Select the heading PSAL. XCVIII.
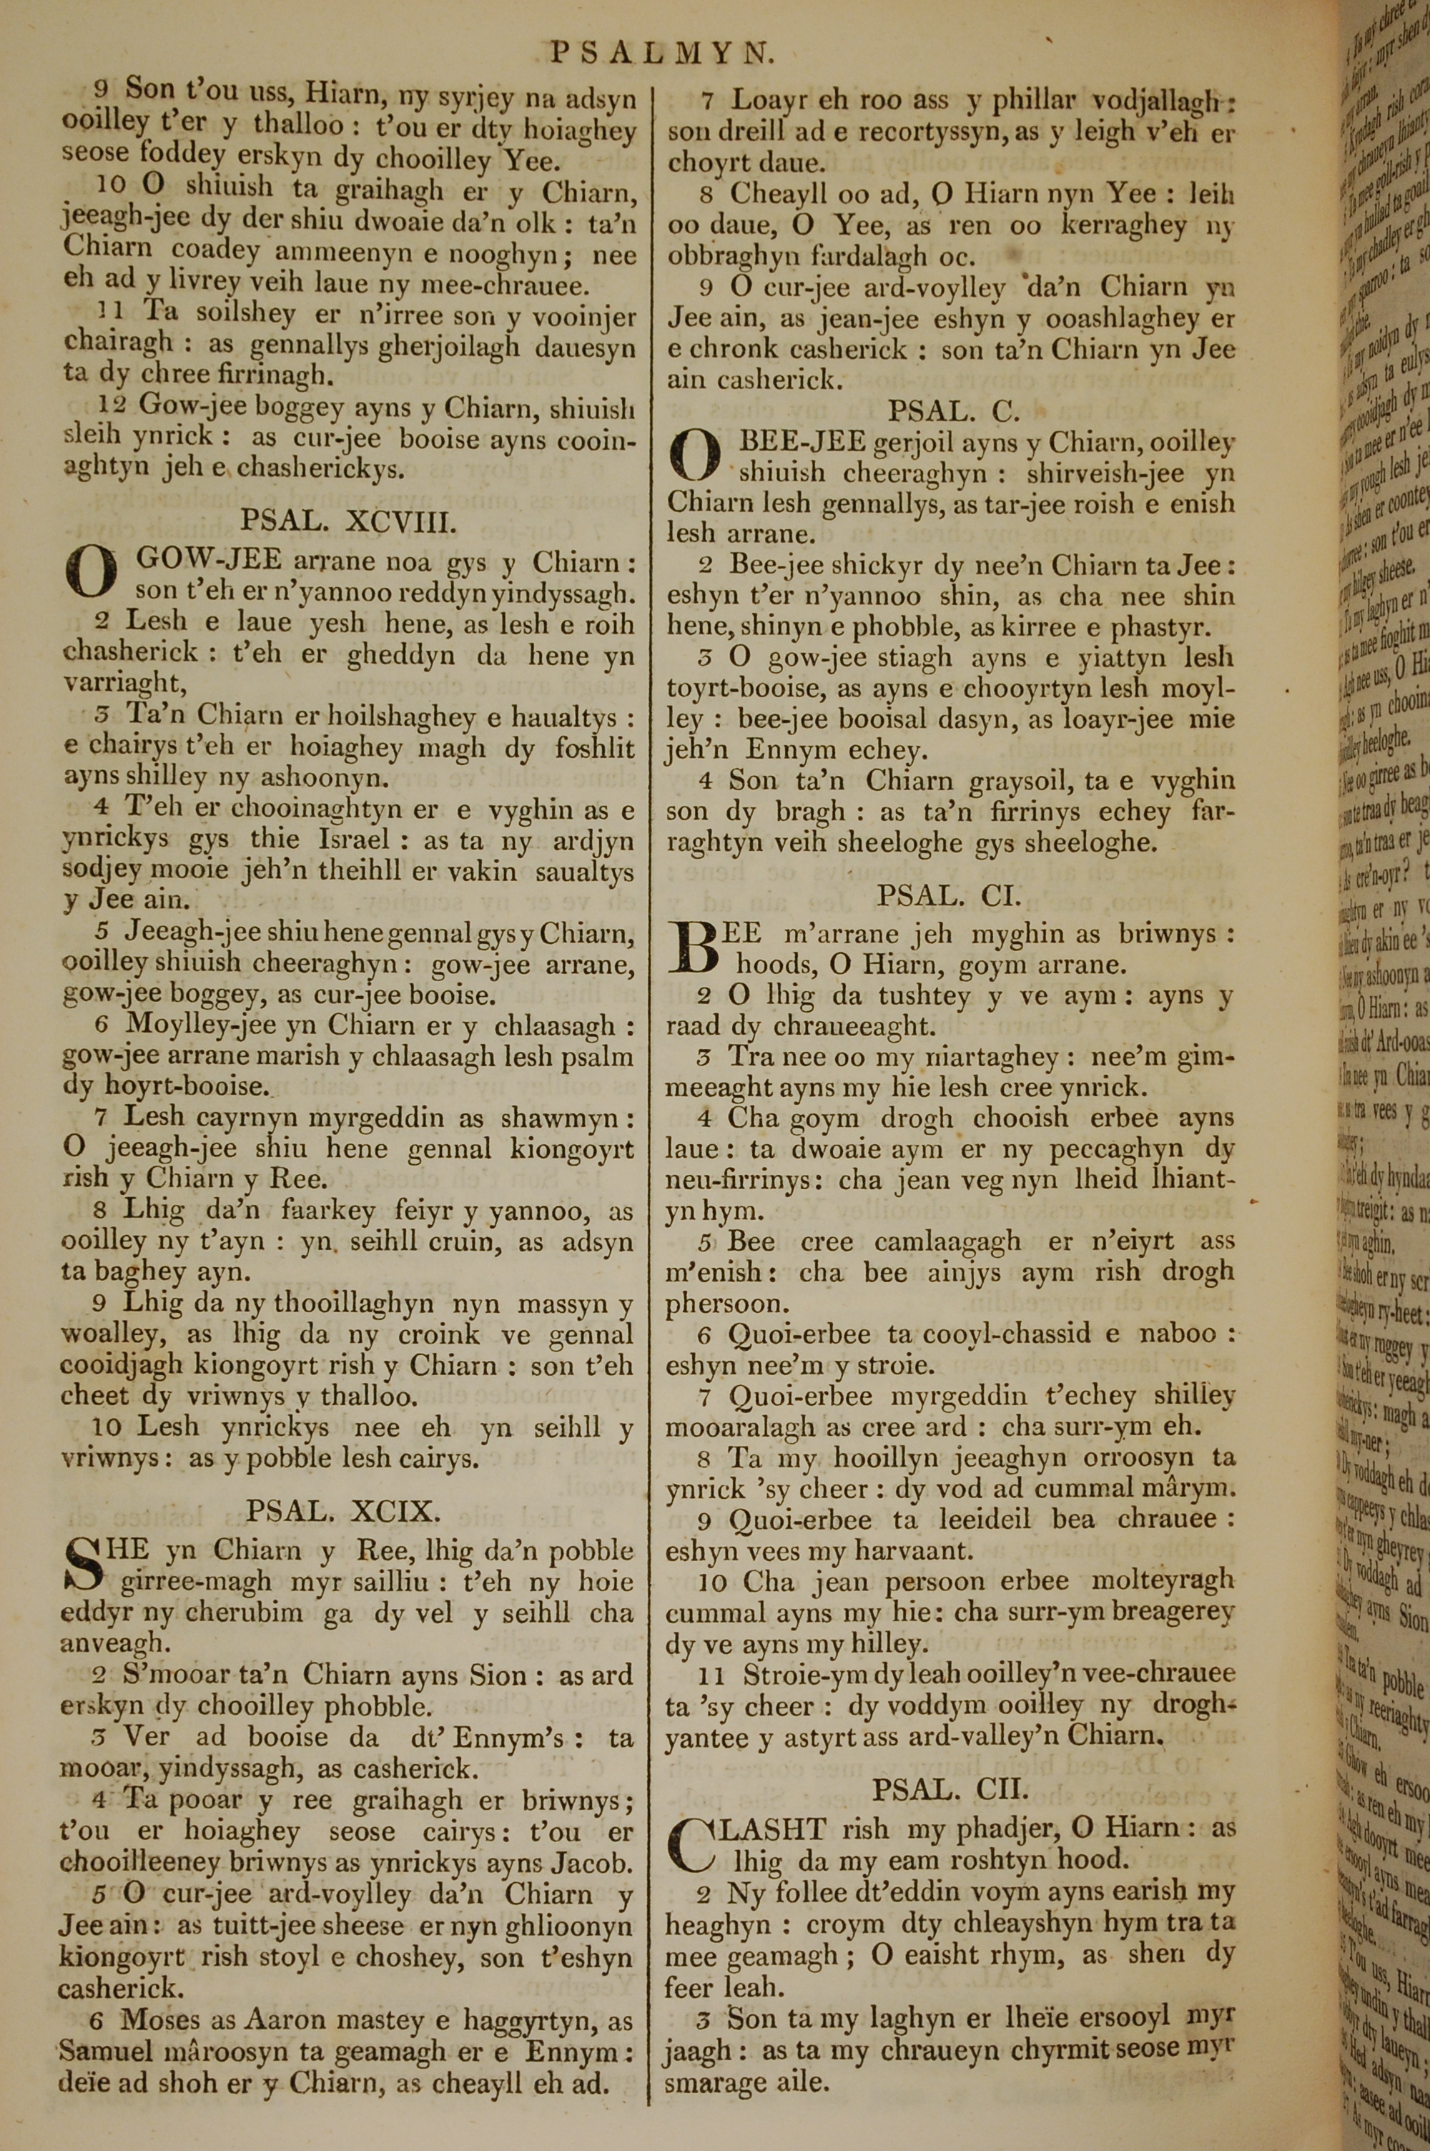(347, 521)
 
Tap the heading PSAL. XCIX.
(343, 1511)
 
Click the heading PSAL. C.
(954, 411)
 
